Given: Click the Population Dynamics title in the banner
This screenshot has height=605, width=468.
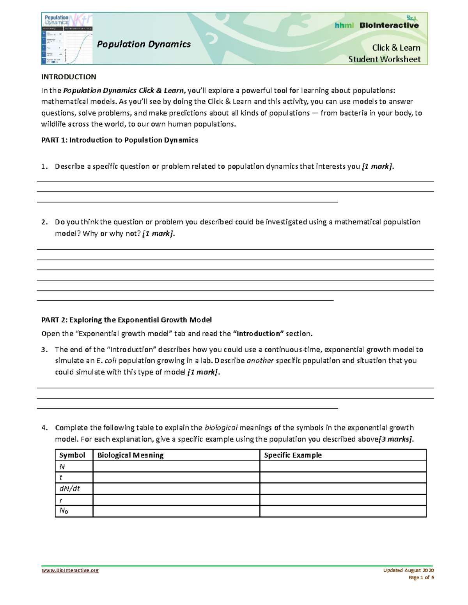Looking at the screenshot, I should coord(144,44).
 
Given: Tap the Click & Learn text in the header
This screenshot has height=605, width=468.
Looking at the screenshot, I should coord(396,48).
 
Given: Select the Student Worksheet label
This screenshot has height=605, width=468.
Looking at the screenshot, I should coord(384,59).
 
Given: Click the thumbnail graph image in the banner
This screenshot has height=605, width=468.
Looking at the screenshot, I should coord(67,39).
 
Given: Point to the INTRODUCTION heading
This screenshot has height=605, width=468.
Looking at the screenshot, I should coord(69,77).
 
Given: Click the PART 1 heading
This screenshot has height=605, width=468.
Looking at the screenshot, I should coord(119,140).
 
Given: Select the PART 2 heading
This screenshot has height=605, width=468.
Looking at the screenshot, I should coord(126,320).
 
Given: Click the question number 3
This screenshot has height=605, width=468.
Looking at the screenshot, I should coord(44,349).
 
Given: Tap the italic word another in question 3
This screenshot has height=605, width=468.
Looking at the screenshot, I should coord(260,360).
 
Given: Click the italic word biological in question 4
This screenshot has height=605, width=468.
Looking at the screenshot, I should coord(221,427).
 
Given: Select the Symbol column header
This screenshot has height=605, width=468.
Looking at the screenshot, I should coord(72,455).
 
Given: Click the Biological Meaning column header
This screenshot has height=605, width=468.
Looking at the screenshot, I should coord(130,455).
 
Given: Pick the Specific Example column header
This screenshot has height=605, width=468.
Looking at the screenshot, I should coord(292,455).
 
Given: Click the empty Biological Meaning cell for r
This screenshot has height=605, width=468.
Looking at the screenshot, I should coord(176,500).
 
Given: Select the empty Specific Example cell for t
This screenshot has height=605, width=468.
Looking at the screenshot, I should coord(343,477).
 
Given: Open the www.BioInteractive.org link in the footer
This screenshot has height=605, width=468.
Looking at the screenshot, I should coord(70,570).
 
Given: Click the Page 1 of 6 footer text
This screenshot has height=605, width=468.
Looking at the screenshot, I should coord(421,577).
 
